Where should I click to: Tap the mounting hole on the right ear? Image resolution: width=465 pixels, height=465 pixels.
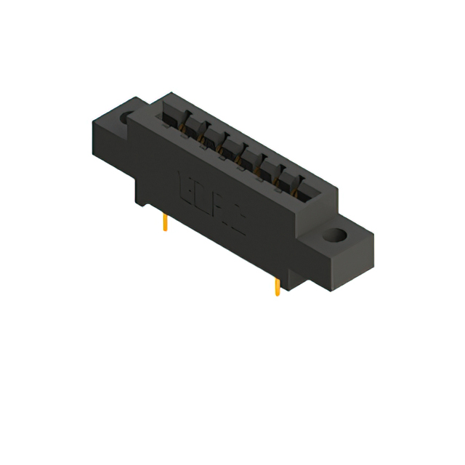pos(336,235)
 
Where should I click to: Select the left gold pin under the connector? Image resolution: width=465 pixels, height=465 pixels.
pos(166,222)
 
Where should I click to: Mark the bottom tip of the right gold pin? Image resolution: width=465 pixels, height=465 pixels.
pos(277,295)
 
